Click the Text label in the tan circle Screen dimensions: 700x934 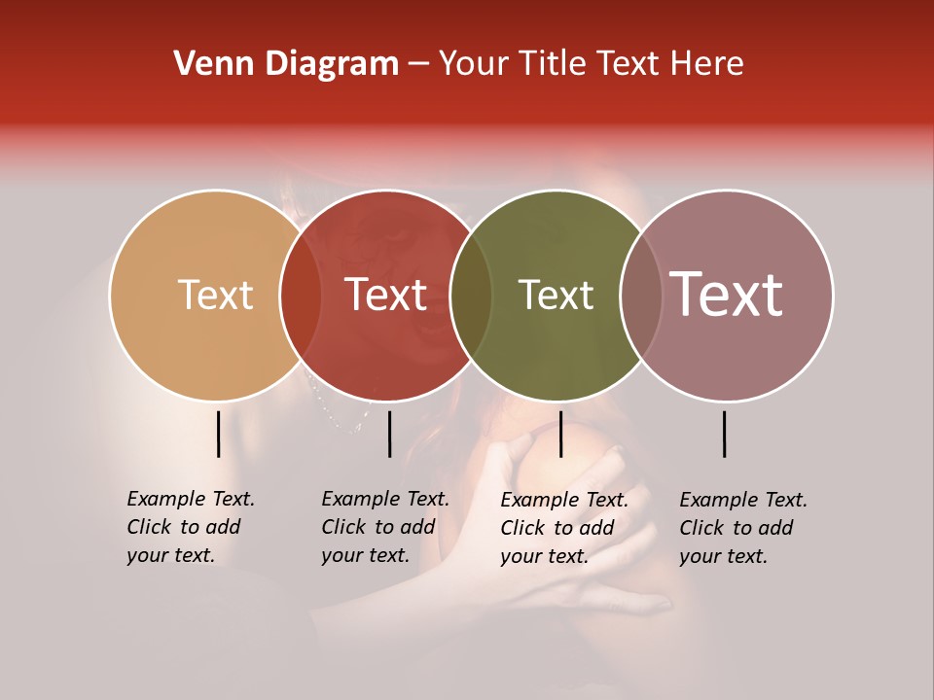click(x=215, y=296)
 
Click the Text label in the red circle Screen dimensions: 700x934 click(x=385, y=296)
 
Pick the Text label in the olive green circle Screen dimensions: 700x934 click(x=556, y=296)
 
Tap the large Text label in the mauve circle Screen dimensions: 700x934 click(x=727, y=296)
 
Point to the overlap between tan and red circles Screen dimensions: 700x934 click(x=301, y=296)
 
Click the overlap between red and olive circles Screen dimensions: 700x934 click(x=471, y=296)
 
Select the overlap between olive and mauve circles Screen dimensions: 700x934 click(x=640, y=296)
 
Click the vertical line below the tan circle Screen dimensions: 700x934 click(x=219, y=434)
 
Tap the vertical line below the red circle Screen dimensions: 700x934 click(x=389, y=434)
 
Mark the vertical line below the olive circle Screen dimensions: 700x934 click(x=560, y=434)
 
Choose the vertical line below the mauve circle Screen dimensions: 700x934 click(x=725, y=434)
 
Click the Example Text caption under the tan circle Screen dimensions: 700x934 click(x=190, y=527)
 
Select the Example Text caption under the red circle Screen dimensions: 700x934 click(x=384, y=527)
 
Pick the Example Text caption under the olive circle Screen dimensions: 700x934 click(x=563, y=528)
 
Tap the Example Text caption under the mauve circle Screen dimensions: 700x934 click(x=742, y=528)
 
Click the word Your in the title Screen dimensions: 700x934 click(x=475, y=64)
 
